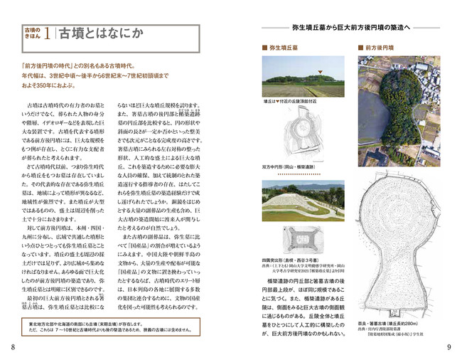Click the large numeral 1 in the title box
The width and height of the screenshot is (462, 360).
coord(46,33)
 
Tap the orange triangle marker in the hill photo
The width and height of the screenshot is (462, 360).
coord(321,73)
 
